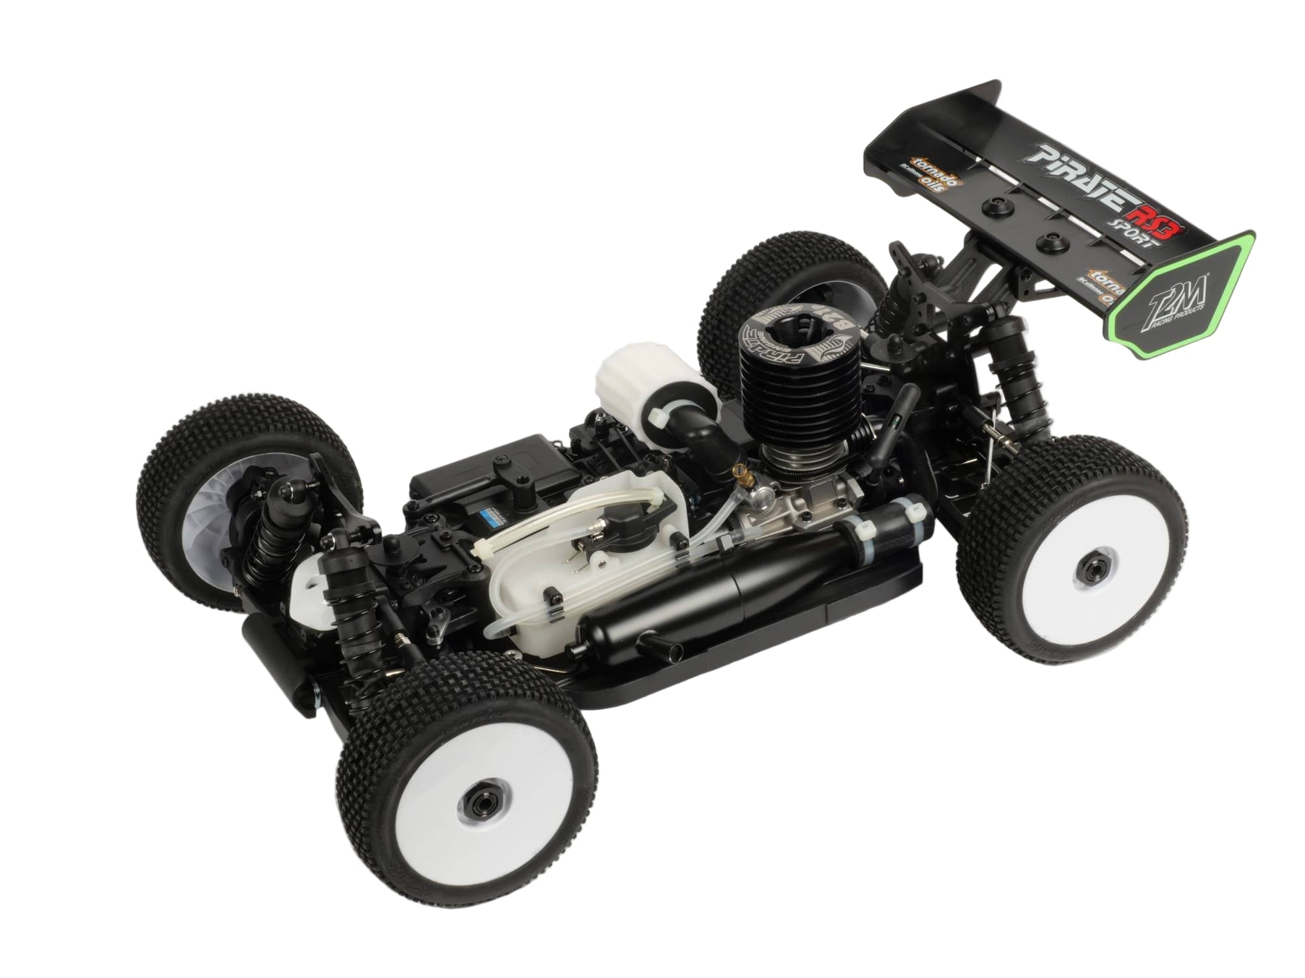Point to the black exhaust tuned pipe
718,574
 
